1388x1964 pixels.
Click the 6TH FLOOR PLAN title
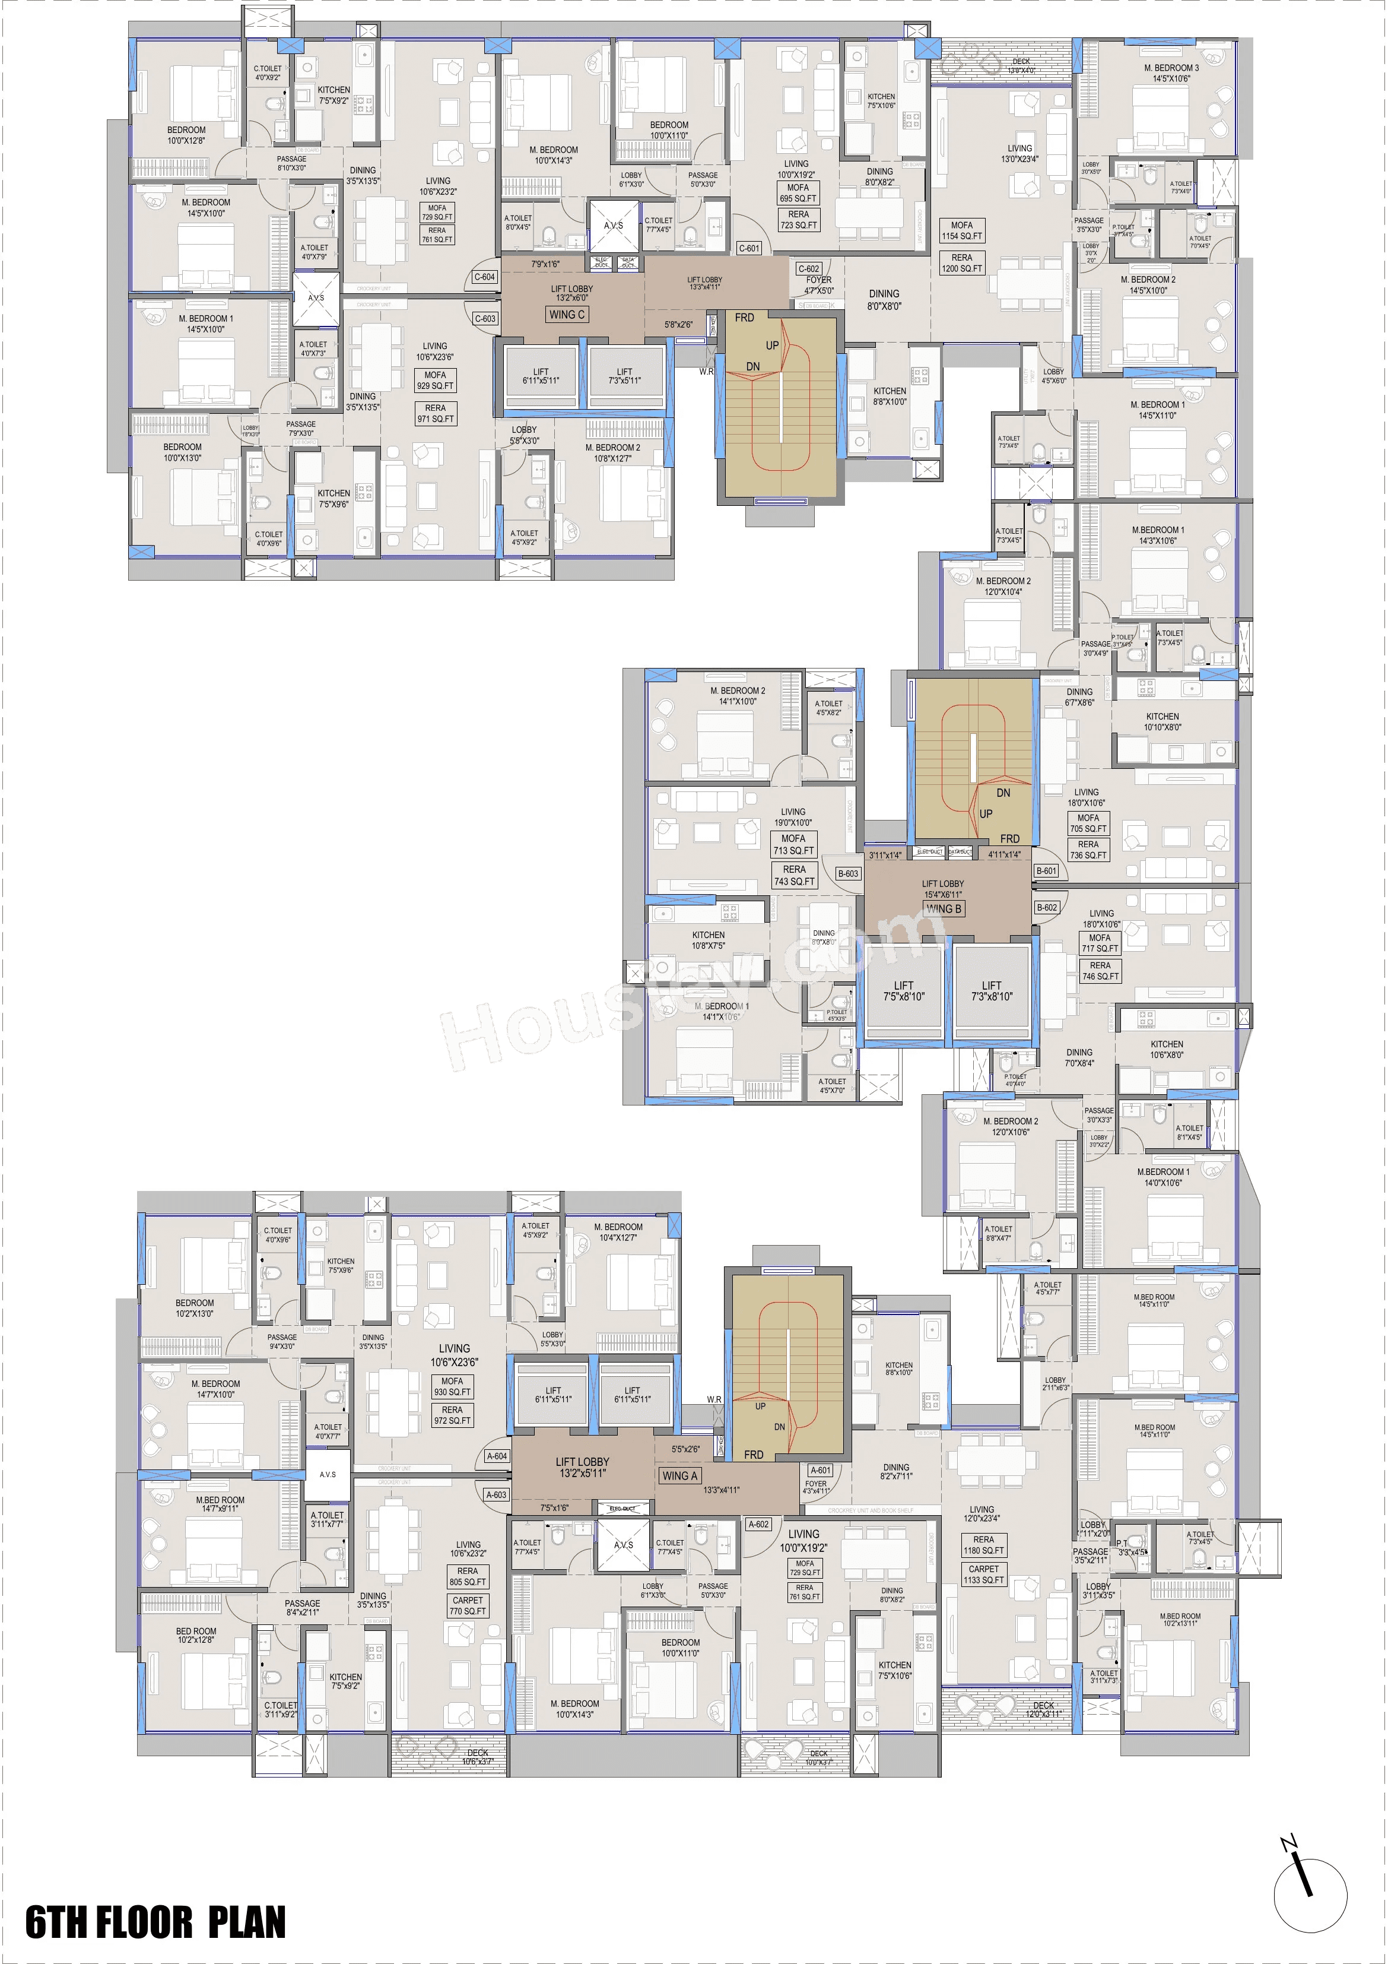tap(155, 1921)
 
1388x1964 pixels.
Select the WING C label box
tap(566, 315)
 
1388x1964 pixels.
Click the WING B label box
tap(944, 908)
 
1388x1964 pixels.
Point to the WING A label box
tap(680, 1475)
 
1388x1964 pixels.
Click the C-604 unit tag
tap(484, 277)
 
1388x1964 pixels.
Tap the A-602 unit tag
tap(758, 1524)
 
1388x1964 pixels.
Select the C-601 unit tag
tap(748, 248)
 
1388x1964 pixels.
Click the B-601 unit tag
tap(1047, 871)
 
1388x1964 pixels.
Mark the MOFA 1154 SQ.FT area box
tap(961, 231)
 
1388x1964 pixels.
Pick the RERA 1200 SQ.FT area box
tap(961, 262)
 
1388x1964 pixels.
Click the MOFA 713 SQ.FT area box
tap(793, 844)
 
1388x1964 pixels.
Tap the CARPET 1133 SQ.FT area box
tap(983, 1575)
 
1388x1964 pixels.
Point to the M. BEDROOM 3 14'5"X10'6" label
tap(1171, 72)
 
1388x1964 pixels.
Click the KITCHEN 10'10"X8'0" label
tap(1163, 722)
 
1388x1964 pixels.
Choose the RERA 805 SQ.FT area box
tap(468, 1576)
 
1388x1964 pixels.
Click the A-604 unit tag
tap(497, 1456)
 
